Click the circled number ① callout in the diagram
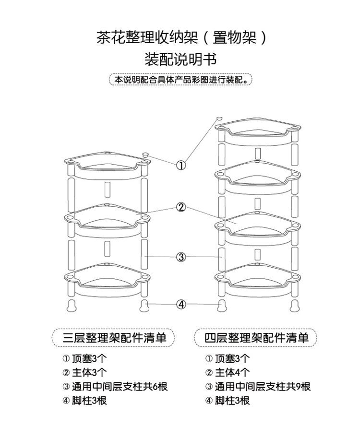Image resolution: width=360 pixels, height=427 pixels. point(181,165)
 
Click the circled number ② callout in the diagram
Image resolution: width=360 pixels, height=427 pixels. point(181,208)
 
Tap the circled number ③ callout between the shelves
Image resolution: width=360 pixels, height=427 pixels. point(181,257)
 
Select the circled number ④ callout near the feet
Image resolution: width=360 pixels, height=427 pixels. point(181,304)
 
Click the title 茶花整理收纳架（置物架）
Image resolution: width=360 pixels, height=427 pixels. point(181,37)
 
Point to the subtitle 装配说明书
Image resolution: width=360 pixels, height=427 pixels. point(180,59)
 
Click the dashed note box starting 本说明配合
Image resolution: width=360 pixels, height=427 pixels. point(180,80)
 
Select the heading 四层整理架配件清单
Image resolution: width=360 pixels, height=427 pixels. point(256,338)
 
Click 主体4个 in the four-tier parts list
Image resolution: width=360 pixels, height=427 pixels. point(232,372)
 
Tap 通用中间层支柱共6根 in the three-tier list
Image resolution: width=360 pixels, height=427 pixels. point(120,386)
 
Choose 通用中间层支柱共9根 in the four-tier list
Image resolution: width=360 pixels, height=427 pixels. point(263,386)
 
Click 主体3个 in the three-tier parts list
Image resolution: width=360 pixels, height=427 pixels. point(89,372)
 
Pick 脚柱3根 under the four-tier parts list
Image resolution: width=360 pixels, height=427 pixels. point(232,401)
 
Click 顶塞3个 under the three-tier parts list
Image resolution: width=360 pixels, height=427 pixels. point(89,358)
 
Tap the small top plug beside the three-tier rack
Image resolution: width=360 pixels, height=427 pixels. point(146,154)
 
